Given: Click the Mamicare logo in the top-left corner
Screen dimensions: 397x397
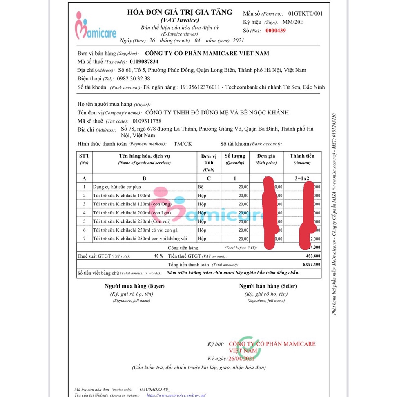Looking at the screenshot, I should coord(96,27).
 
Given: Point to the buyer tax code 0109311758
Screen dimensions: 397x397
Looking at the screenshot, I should coord(147,121).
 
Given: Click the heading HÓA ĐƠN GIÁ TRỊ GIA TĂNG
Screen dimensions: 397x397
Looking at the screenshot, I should coord(179,12).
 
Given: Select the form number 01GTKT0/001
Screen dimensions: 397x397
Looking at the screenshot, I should coord(305,13).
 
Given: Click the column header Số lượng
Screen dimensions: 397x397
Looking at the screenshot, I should coord(235,156).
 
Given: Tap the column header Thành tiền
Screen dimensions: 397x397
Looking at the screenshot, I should coord(302,156).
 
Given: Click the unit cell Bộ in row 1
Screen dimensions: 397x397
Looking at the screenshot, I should coord(201,187).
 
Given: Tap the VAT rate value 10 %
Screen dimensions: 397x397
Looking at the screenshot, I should coord(158,256).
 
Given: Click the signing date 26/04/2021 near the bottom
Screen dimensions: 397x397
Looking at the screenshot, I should coord(241,358).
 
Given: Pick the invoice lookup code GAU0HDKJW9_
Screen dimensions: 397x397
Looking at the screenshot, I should coord(155,390).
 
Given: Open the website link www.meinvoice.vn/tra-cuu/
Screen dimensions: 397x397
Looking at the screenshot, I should coord(176,395).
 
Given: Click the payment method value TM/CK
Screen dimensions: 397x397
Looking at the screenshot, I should coord(182,144).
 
